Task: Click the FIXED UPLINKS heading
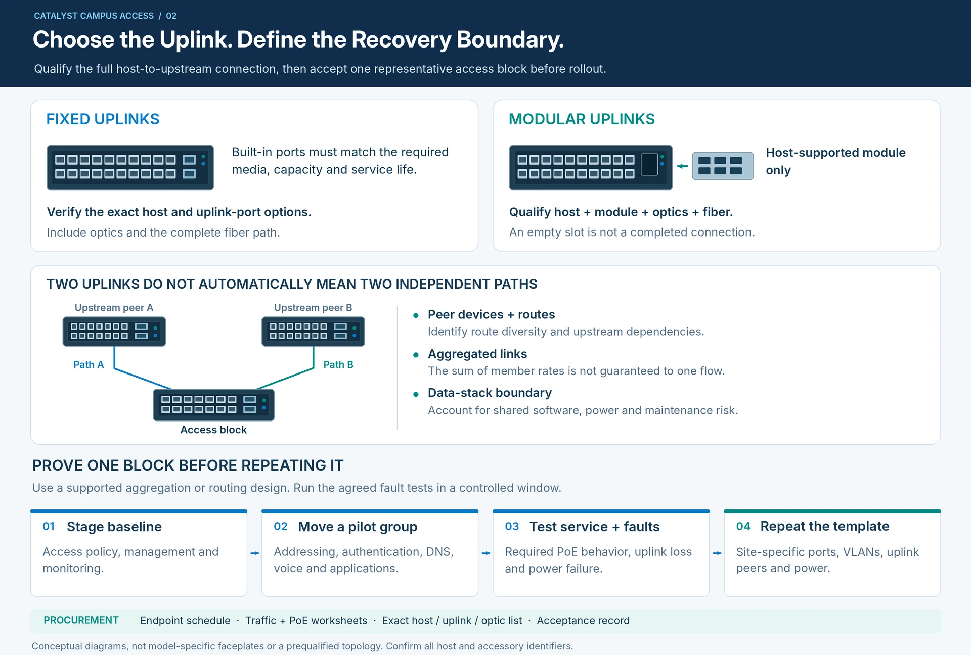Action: pos(103,119)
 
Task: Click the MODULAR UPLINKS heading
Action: pos(582,119)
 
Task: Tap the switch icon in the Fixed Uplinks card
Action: pos(130,167)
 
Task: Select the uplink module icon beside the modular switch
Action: pos(723,166)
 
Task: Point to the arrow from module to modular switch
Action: pos(682,166)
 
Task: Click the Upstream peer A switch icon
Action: pos(114,332)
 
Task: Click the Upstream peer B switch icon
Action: pos(313,332)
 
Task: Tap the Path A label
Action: pos(89,365)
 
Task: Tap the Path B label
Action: pos(338,365)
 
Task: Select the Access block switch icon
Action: pos(213,405)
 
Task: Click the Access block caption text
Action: pos(213,430)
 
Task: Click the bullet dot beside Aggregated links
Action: pos(416,355)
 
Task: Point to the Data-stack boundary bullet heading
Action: pos(490,393)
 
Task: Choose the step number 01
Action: pos(49,526)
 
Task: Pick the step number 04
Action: pos(743,526)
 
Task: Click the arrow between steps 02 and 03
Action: pos(486,553)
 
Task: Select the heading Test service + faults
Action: pos(594,527)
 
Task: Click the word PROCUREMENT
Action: pos(81,620)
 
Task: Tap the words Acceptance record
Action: pos(583,621)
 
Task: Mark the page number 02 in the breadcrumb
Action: pos(171,16)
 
